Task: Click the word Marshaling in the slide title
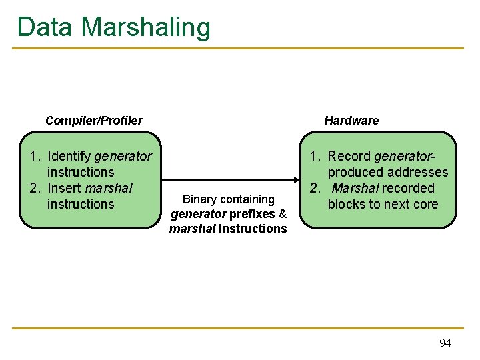click(146, 28)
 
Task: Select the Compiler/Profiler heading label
click(93, 121)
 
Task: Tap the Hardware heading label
click(351, 121)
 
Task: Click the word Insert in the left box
click(65, 188)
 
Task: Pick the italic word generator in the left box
click(123, 156)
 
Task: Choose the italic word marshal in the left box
click(109, 188)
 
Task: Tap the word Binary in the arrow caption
click(199, 199)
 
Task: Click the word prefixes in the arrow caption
click(252, 214)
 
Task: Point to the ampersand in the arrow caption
click(283, 214)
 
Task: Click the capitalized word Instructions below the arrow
click(253, 229)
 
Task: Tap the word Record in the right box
click(349, 156)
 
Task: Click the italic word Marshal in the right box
click(355, 188)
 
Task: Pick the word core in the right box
click(425, 204)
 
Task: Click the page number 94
click(445, 343)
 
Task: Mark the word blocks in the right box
click(346, 204)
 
